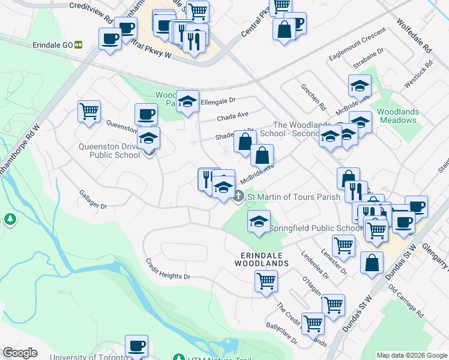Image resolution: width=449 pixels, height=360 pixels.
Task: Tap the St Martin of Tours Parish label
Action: tap(294, 197)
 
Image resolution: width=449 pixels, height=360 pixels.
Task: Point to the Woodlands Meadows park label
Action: tap(397, 116)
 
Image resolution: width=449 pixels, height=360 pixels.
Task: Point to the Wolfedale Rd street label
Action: tap(414, 34)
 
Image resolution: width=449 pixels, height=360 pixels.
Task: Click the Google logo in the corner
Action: tap(20, 353)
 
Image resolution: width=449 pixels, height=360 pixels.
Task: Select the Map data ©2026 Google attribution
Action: tap(411, 355)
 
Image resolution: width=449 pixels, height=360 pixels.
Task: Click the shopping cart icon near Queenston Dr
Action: tap(89, 112)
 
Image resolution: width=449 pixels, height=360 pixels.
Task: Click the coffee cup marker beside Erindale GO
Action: tap(110, 40)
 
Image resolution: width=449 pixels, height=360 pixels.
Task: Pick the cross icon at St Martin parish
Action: tap(238, 196)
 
